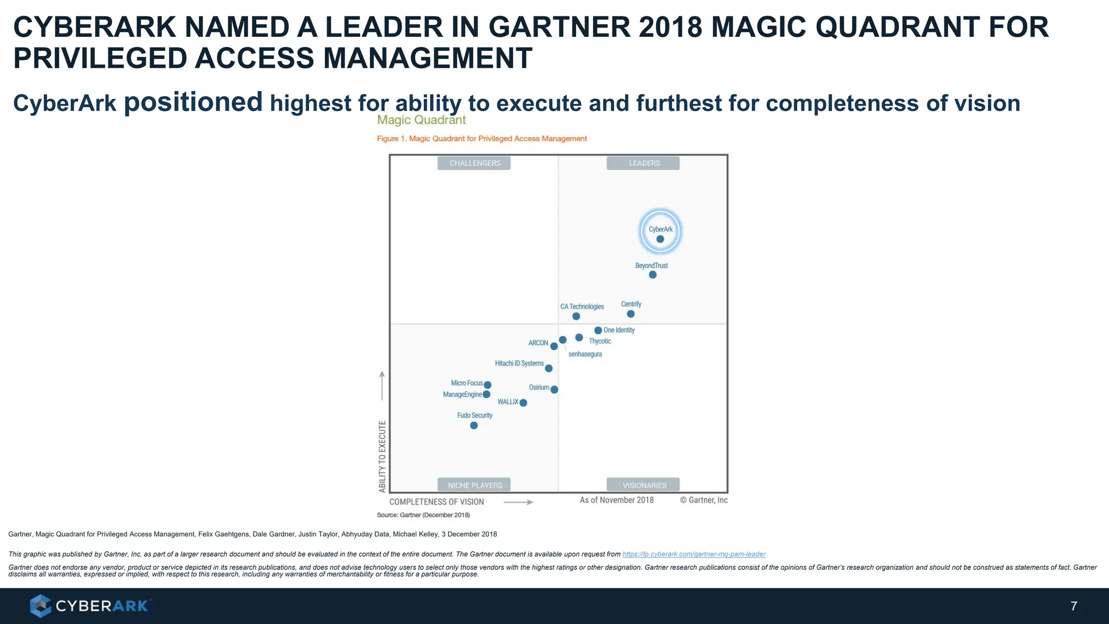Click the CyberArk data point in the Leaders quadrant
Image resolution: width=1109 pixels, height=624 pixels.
click(x=660, y=239)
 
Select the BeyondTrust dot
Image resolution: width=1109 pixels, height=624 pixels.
click(x=653, y=275)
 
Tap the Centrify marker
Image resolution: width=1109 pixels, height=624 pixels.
click(x=630, y=314)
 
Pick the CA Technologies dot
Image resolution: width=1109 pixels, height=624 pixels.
click(x=576, y=316)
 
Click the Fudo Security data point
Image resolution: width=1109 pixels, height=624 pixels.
click(x=474, y=426)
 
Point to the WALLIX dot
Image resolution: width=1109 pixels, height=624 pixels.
click(x=523, y=402)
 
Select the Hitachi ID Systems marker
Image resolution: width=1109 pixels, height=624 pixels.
click(x=549, y=368)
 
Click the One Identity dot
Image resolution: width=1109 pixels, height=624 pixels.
click(x=598, y=330)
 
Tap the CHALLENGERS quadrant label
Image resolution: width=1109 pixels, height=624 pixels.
click(x=474, y=163)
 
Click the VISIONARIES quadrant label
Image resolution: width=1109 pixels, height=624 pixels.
click(x=643, y=485)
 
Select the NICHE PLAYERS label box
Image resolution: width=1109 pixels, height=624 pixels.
click(x=474, y=485)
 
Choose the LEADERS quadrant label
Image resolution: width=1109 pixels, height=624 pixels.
click(x=643, y=163)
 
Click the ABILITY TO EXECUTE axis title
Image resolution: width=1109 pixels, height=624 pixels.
click(x=382, y=456)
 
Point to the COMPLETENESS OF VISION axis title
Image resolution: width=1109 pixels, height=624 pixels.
click(x=436, y=502)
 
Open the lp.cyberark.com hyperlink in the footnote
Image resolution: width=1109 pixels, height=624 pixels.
click(x=694, y=554)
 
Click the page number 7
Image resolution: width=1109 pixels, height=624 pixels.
click(x=1073, y=606)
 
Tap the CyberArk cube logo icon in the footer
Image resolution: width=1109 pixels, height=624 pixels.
click(x=40, y=606)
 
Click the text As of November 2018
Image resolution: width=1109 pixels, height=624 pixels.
click(x=616, y=500)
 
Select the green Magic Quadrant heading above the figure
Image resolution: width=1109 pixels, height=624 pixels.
click(x=421, y=120)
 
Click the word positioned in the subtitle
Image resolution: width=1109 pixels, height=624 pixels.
click(x=193, y=102)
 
